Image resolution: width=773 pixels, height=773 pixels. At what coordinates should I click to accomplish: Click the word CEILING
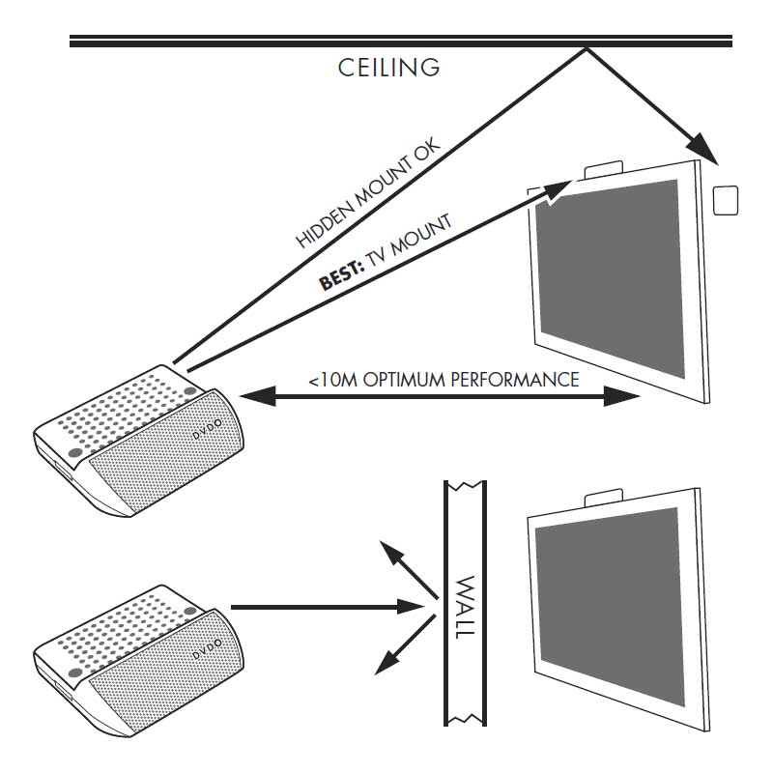[x=389, y=68]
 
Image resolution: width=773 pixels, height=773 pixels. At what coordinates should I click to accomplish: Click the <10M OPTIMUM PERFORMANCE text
[x=444, y=379]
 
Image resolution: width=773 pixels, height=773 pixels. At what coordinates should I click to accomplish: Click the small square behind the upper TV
[x=725, y=199]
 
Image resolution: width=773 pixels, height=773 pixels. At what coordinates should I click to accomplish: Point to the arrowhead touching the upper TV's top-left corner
[x=556, y=188]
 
